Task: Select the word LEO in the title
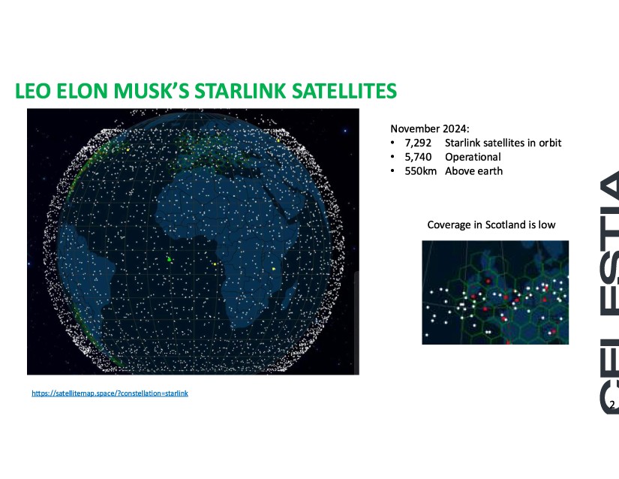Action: click(33, 90)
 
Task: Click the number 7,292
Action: click(418, 143)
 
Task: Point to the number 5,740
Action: click(418, 157)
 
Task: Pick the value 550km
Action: click(421, 171)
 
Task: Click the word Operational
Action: click(473, 157)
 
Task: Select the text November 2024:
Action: click(430, 128)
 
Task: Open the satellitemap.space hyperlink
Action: click(110, 393)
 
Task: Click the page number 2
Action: click(612, 405)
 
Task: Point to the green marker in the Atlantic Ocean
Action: click(169, 259)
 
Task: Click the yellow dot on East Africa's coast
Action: click(274, 269)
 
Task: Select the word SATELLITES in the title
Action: click(344, 90)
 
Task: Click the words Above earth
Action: click(473, 171)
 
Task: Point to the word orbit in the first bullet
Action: click(550, 143)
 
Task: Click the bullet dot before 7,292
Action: click(392, 143)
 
